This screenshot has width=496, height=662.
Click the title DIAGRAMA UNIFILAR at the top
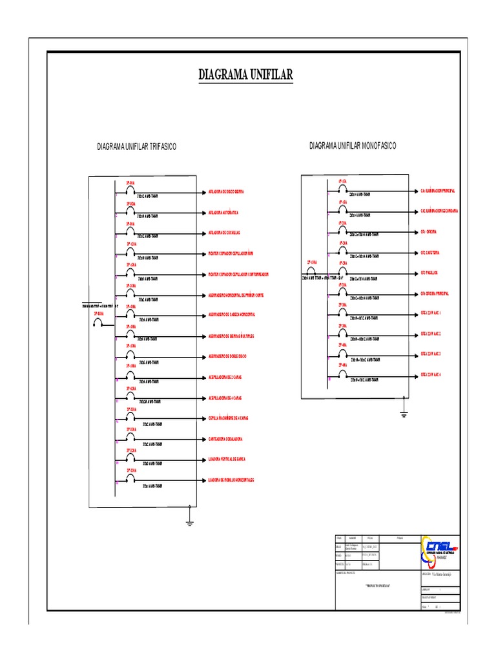click(245, 76)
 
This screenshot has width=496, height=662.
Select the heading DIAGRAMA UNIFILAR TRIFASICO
click(136, 147)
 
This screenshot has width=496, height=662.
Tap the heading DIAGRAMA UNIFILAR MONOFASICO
click(353, 146)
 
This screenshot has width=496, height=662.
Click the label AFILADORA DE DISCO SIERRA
click(226, 192)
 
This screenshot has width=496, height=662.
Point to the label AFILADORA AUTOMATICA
click(223, 213)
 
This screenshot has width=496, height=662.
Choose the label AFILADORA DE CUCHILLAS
click(225, 233)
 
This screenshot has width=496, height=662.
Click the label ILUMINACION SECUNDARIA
click(439, 211)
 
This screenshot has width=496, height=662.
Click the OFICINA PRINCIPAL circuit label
click(435, 294)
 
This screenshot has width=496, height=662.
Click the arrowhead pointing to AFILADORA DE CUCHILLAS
click(203, 233)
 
